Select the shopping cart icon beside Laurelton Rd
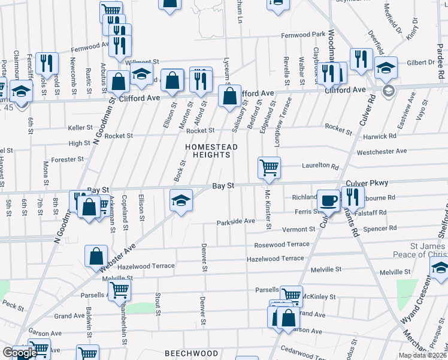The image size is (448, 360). coord(269,167)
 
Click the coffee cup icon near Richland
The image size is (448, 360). coord(328,199)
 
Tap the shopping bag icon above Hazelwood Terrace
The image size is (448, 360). coord(96,256)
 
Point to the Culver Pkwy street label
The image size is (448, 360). coord(367,183)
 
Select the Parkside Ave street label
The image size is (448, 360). coord(236,221)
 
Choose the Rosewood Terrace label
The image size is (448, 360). coord(281,244)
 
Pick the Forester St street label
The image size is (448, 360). coord(67,160)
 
